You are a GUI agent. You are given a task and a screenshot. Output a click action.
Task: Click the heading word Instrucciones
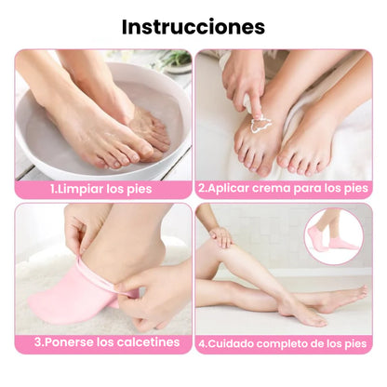tap(193, 26)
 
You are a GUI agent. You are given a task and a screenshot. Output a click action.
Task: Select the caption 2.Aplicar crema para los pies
tap(282, 188)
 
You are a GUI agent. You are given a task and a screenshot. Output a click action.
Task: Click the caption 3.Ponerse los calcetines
tap(107, 341)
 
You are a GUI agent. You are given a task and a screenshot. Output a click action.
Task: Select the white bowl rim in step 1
tap(37, 140)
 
